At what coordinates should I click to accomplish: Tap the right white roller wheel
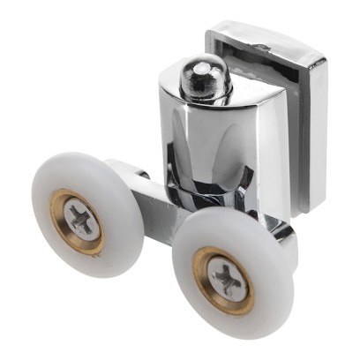pyautogui.click(x=265, y=291)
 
